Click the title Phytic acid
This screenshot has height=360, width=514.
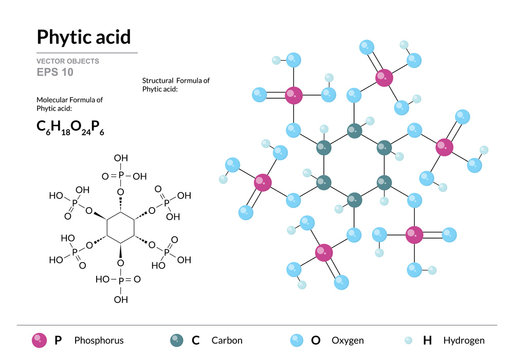[83, 37]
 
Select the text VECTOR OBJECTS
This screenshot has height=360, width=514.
[68, 62]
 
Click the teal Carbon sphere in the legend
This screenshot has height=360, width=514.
[176, 341]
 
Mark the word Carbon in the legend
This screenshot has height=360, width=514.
[227, 341]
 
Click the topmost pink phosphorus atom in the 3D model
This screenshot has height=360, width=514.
[383, 77]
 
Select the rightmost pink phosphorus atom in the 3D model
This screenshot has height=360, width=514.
[444, 148]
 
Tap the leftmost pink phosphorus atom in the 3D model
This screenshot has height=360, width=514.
[263, 183]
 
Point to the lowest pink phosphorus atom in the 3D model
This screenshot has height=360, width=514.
[323, 252]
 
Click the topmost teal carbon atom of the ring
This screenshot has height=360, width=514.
[354, 130]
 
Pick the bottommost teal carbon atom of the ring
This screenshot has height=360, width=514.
[354, 199]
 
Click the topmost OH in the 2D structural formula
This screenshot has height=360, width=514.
[122, 158]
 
